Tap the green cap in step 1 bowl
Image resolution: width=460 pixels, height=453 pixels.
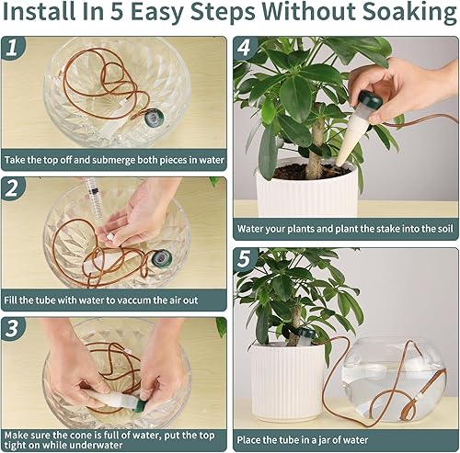pos(155,118)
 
